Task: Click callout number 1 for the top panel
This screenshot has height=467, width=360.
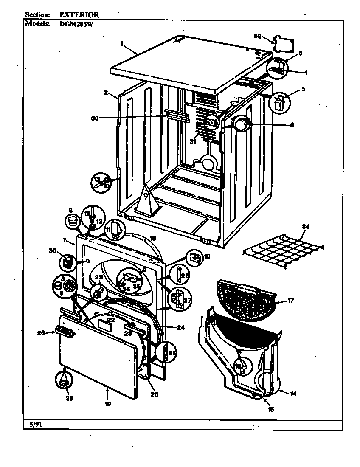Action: (121, 43)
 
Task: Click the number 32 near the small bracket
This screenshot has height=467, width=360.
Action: (257, 37)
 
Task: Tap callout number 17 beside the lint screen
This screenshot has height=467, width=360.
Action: (291, 301)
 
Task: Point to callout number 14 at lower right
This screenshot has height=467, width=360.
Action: (292, 394)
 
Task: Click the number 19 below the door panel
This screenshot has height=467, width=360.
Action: (107, 404)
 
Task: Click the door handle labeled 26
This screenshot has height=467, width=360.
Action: (63, 332)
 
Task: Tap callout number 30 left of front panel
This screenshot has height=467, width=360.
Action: (52, 251)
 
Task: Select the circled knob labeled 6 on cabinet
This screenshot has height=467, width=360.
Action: (241, 125)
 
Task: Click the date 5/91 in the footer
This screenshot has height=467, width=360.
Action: (32, 424)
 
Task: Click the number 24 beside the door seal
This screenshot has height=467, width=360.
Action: (181, 327)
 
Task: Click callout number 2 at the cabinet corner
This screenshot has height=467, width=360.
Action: (105, 92)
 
